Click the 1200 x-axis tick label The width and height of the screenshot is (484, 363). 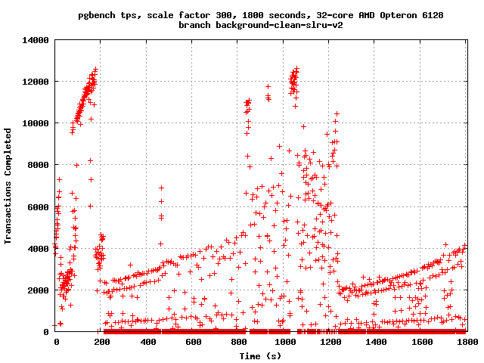point(330,342)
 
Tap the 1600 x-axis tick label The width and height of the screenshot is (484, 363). point(421,342)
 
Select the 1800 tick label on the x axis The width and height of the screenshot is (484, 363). point(467,342)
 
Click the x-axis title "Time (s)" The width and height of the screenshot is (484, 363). point(261,355)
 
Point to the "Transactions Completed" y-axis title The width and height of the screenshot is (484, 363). point(8,185)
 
